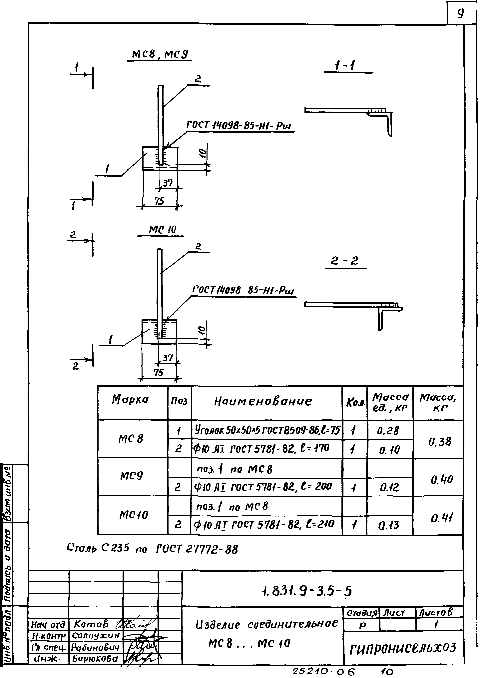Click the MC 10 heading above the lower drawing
(162, 230)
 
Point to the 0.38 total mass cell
(439, 442)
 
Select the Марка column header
(130, 399)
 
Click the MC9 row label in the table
(132, 476)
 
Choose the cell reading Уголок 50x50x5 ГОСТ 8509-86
(267, 430)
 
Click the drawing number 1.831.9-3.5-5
(307, 591)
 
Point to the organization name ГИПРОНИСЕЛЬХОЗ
(403, 648)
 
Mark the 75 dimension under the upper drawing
(159, 201)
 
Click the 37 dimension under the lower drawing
(168, 358)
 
